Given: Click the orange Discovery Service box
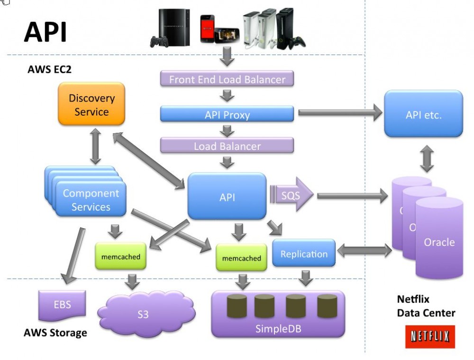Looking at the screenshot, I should pyautogui.click(x=91, y=105).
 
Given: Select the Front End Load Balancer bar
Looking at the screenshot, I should pyautogui.click(x=227, y=79).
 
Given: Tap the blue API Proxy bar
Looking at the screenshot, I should pyautogui.click(x=227, y=114).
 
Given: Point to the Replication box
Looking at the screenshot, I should pyautogui.click(x=304, y=254).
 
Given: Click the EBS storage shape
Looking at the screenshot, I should pyautogui.click(x=62, y=304).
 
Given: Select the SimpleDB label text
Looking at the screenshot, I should pyautogui.click(x=278, y=329).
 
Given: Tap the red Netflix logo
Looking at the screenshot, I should pyautogui.click(x=430, y=337).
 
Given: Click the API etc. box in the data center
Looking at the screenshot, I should pyautogui.click(x=423, y=114).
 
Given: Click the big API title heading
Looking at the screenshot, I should pyautogui.click(x=46, y=33).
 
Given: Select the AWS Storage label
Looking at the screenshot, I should pyautogui.click(x=55, y=332).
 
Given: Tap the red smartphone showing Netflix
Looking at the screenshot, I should pyautogui.click(x=206, y=28).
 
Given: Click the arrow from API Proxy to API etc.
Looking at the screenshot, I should pyautogui.click(x=339, y=113).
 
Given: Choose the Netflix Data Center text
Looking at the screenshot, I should pyautogui.click(x=426, y=306).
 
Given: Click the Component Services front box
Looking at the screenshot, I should pyautogui.click(x=91, y=200).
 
